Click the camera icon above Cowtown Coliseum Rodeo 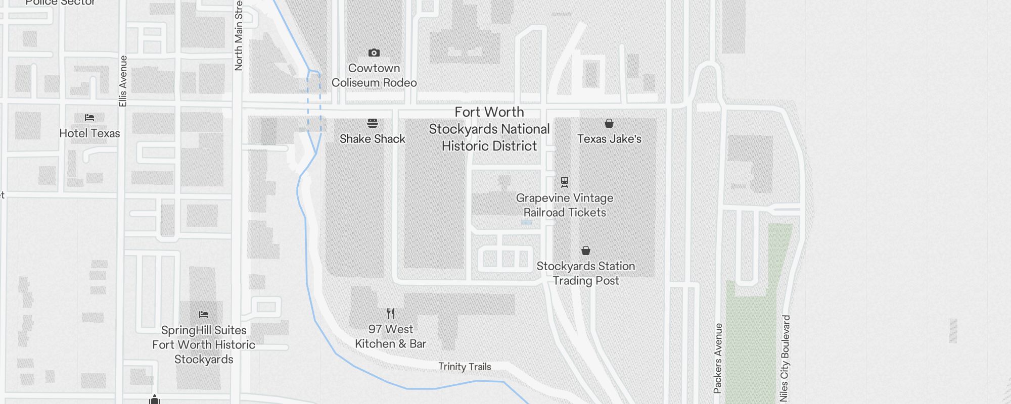click(x=374, y=53)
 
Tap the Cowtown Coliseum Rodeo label click(x=374, y=75)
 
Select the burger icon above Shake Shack click(x=373, y=123)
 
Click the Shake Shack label click(x=373, y=139)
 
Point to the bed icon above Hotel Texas click(x=89, y=118)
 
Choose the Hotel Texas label click(x=89, y=133)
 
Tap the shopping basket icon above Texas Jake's click(x=609, y=123)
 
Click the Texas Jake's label click(x=609, y=139)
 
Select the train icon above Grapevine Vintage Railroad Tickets click(x=565, y=182)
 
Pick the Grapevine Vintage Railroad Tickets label click(x=565, y=205)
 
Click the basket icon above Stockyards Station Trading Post click(x=586, y=250)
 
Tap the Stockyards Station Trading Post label click(x=586, y=273)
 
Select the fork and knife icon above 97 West click(x=390, y=314)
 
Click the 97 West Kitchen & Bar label click(x=390, y=336)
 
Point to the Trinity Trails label click(x=465, y=367)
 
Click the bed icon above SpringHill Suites click(x=204, y=314)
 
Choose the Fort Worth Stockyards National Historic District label click(x=489, y=129)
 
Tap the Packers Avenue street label click(x=718, y=359)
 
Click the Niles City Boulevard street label click(x=785, y=359)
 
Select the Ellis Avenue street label click(x=123, y=81)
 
